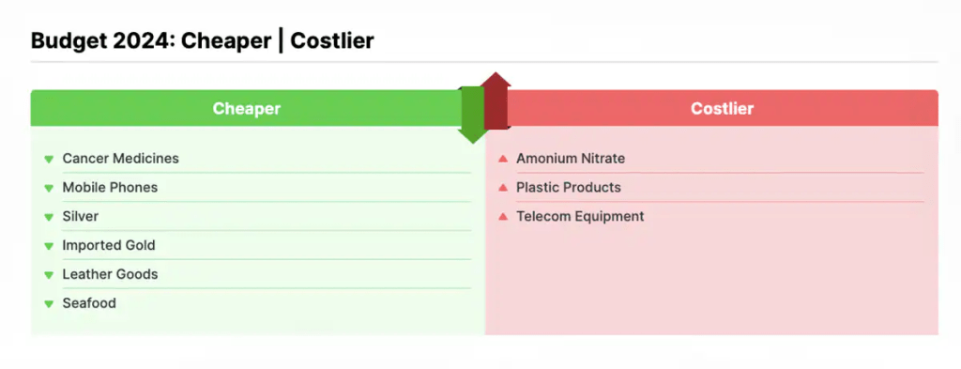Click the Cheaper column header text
247,109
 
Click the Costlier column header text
722,109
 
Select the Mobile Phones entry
110,187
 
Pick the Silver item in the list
81,216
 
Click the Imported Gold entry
109,245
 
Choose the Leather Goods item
110,274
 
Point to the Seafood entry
89,302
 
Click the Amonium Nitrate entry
571,158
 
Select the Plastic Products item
569,187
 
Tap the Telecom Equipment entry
580,216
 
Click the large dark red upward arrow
496,101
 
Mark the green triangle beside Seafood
49,303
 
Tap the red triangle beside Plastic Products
503,187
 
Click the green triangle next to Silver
49,217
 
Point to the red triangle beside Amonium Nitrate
503,158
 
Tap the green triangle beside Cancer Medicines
49,160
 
